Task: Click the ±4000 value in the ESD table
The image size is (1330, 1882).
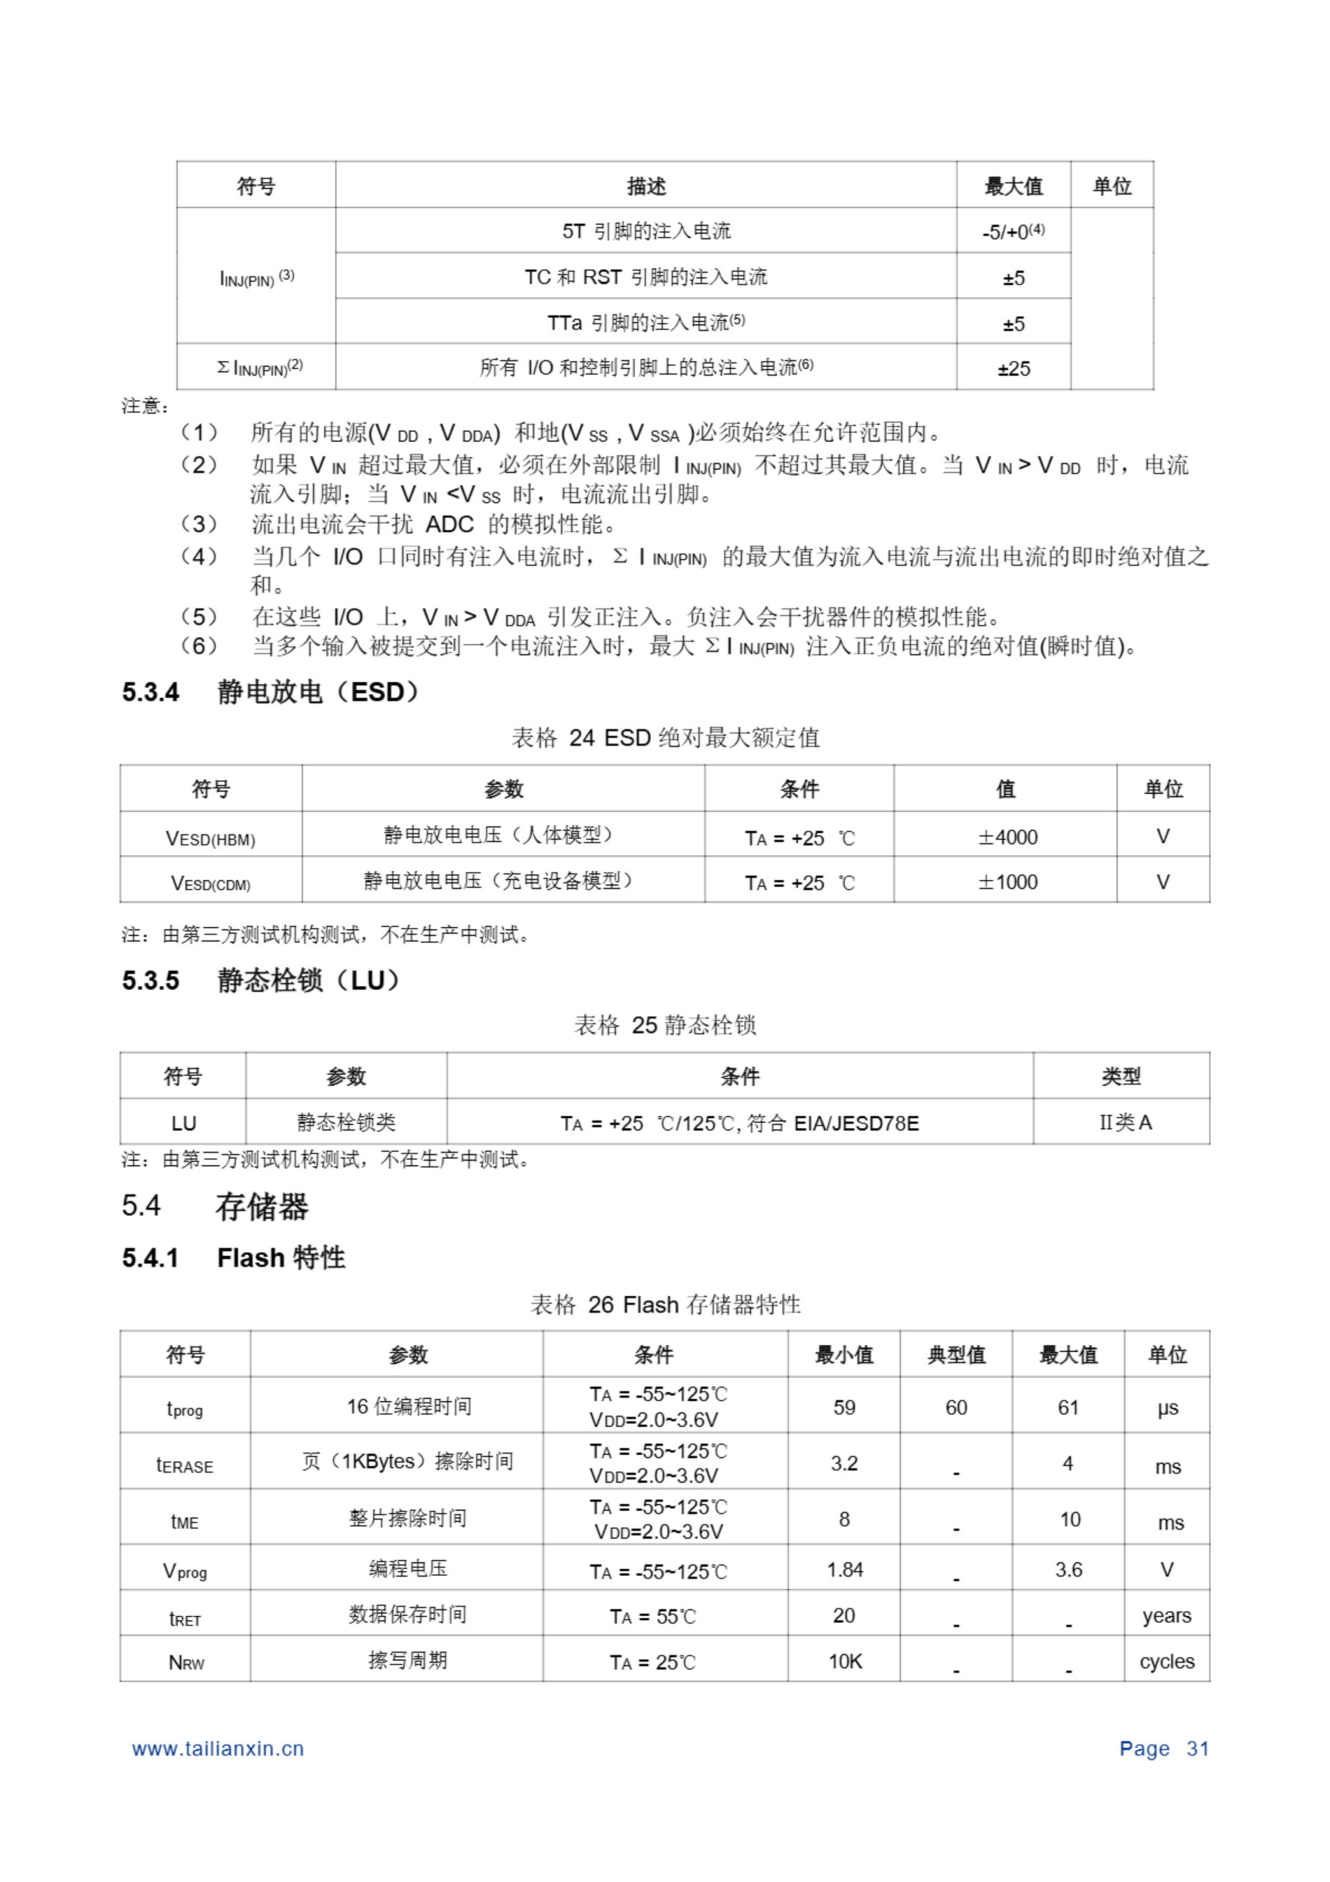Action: coord(1007,837)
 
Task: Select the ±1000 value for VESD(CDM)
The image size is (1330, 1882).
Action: coord(1007,882)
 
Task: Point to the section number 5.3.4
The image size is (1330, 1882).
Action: coord(151,693)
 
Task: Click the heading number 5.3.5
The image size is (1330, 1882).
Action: coord(151,981)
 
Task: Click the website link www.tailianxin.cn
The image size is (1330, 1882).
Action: coord(218,1748)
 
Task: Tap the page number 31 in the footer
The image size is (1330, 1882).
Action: coord(1197,1748)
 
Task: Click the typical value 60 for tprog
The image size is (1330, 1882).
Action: coord(955,1407)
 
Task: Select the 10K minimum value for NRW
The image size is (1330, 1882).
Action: coord(845,1661)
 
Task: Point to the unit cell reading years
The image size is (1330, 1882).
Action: coord(1167,1616)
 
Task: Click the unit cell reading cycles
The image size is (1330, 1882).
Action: coord(1167,1661)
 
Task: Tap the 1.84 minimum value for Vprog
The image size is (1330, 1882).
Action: coord(845,1570)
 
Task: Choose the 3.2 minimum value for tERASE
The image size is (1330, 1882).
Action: coord(844,1463)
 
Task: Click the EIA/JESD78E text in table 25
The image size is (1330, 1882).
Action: coord(856,1123)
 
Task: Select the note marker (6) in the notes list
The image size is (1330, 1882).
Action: coord(198,647)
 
